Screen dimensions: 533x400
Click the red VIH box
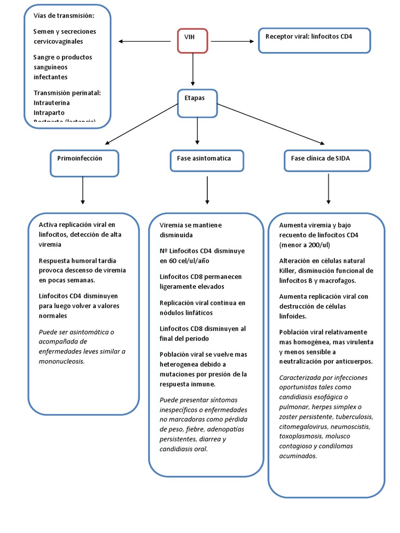193,41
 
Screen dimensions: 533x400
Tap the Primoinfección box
84,162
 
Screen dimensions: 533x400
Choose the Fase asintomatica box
207,161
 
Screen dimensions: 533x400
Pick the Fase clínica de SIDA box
328,161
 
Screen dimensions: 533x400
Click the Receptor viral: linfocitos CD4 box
314,41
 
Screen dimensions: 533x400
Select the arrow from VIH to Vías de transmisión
147,41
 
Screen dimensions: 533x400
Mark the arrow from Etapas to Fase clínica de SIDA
271,123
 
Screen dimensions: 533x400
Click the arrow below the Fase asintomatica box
207,189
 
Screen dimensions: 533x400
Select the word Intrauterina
51,103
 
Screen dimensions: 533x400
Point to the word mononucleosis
61,361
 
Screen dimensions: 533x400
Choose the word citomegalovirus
304,427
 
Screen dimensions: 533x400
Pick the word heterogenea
182,364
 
